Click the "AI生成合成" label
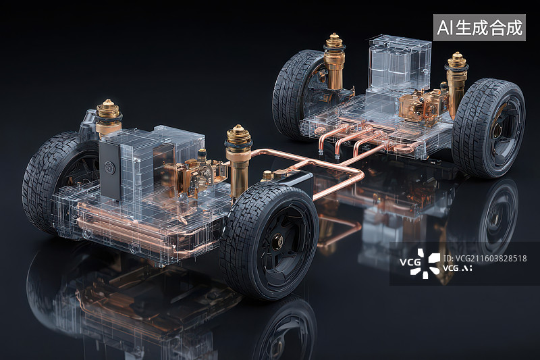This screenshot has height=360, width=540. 479,28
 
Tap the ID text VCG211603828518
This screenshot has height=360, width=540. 485,259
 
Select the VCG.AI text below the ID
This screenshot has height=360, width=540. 457,268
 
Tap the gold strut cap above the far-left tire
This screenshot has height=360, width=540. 108,110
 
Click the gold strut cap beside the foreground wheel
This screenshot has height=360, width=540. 238,136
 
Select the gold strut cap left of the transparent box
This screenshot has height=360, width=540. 333,43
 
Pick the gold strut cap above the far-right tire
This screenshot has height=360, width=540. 457,61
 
